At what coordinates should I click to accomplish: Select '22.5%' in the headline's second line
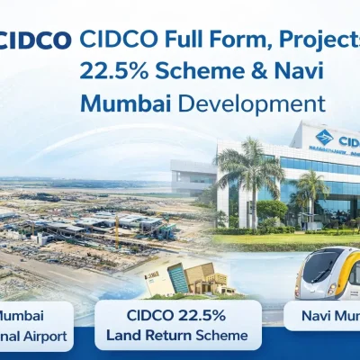pyautogui.click(x=109, y=71)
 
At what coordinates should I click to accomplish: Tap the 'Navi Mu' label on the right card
pyautogui.click(x=325, y=318)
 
